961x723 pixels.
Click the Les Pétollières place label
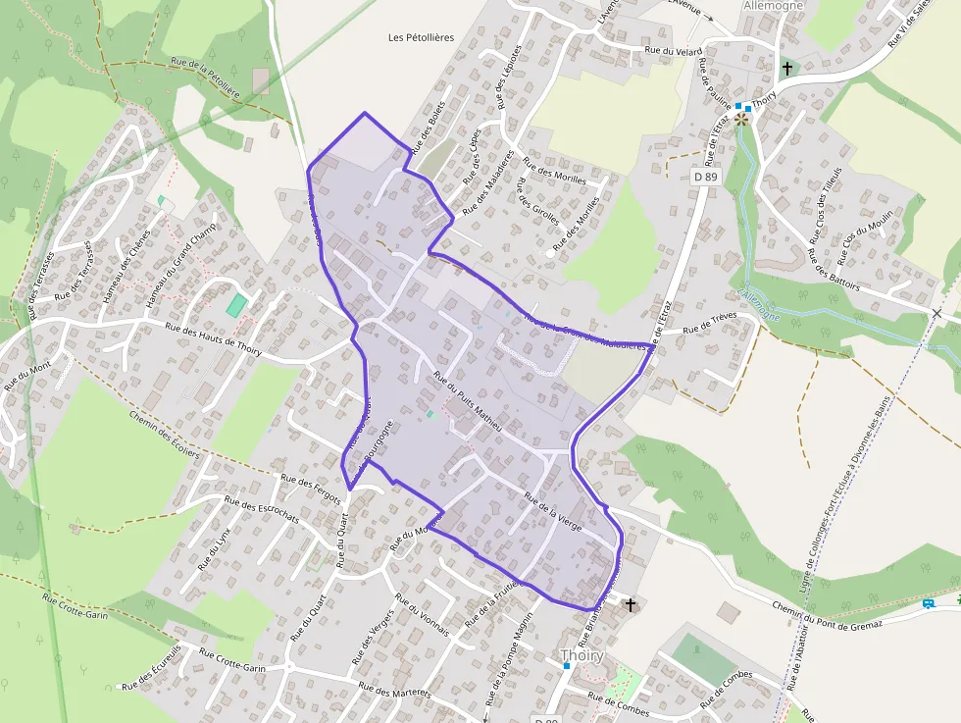(421, 37)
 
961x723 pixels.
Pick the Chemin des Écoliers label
(164, 433)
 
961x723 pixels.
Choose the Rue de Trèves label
(709, 322)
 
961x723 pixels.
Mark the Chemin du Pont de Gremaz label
(827, 614)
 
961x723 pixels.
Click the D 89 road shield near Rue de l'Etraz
(705, 177)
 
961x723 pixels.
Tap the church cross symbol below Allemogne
(786, 69)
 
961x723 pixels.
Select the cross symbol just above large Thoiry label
(631, 604)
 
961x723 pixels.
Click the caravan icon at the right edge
(928, 602)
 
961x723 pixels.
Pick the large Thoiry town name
(582, 655)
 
